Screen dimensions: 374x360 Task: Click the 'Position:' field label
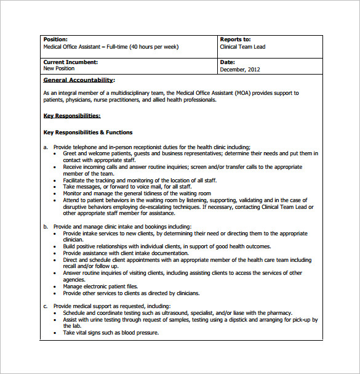click(x=55, y=39)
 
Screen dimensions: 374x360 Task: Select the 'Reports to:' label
click(x=235, y=39)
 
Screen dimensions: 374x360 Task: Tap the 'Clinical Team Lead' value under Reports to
click(x=243, y=47)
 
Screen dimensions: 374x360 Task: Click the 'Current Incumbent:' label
click(x=70, y=62)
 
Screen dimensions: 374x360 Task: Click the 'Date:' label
click(x=227, y=62)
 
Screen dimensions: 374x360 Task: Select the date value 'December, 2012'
click(x=240, y=70)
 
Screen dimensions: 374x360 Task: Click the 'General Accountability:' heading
click(x=79, y=80)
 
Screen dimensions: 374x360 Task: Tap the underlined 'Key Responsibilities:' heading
click(x=72, y=115)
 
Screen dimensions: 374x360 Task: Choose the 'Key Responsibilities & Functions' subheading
click(x=88, y=132)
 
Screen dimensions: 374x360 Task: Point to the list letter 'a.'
click(x=46, y=147)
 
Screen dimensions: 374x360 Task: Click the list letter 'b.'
click(x=46, y=227)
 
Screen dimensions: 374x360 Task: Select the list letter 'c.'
click(x=46, y=306)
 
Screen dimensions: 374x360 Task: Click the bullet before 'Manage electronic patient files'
click(x=58, y=287)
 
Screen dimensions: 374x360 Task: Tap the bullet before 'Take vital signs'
click(x=58, y=333)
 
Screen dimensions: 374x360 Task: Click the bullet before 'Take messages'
click(x=58, y=187)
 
